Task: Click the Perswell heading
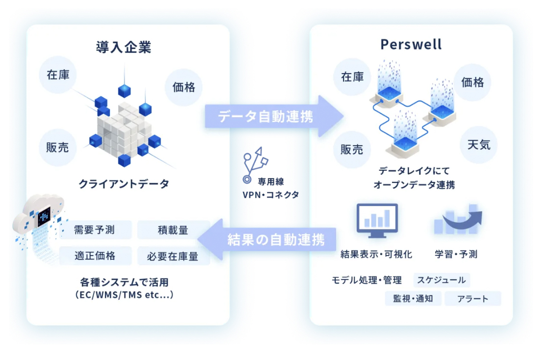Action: click(411, 45)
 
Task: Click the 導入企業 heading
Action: click(124, 47)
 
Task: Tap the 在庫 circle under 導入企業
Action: click(58, 75)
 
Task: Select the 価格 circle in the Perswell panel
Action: click(472, 82)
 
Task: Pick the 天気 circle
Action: click(479, 144)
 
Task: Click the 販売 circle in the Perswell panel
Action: click(352, 150)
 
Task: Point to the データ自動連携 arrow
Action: click(274, 116)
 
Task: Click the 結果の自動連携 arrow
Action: click(267, 239)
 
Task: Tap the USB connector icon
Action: click(255, 165)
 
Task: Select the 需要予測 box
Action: click(95, 230)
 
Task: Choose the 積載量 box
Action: click(173, 230)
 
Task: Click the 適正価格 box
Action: click(95, 256)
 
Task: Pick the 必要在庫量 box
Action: click(173, 256)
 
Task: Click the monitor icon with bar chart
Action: click(377, 221)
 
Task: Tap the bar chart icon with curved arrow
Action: click(458, 219)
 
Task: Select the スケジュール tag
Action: click(442, 280)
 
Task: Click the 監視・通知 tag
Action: click(413, 299)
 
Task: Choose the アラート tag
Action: click(473, 299)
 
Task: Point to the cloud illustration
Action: click(39, 215)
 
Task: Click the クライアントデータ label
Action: click(124, 183)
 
